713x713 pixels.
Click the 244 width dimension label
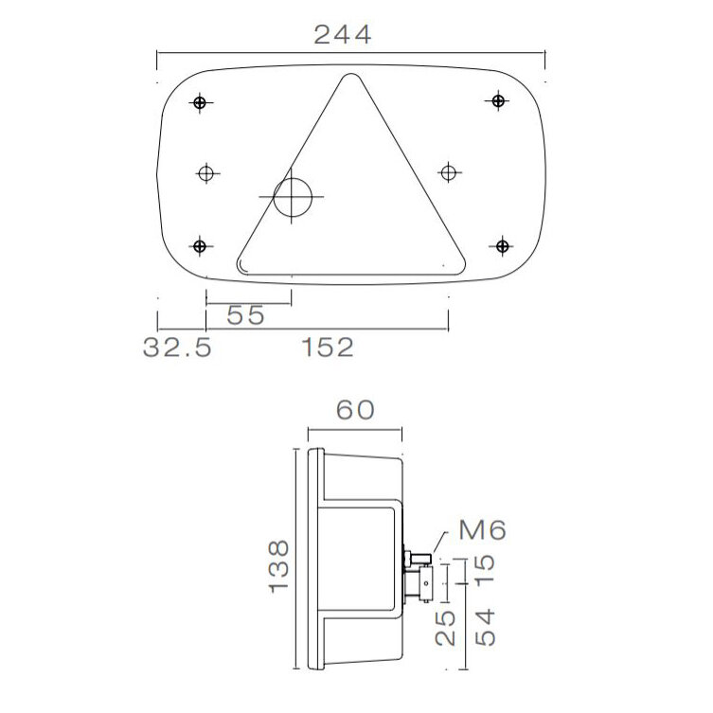point(343,35)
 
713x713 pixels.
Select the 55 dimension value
point(245,316)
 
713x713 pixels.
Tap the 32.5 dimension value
point(177,348)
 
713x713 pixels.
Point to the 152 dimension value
point(329,348)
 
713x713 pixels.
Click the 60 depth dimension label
point(356,410)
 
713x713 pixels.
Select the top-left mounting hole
point(199,102)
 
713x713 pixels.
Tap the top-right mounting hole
point(499,100)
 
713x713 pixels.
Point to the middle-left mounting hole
point(207,172)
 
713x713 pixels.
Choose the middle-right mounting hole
point(449,171)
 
